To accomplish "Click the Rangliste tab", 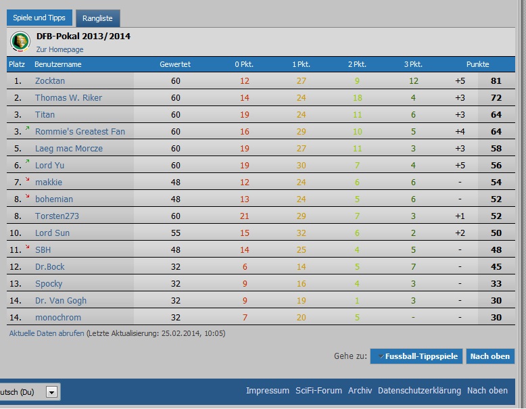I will (x=97, y=18).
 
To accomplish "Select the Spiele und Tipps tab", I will (x=39, y=18).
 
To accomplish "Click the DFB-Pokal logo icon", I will (x=20, y=42).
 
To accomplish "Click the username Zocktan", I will (x=50, y=81).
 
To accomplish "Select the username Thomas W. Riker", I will (x=68, y=98).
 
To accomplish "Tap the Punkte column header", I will (x=477, y=64).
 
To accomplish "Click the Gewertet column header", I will (x=175, y=64).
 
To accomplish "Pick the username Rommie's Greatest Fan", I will (x=80, y=132).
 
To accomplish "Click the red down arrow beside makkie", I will (x=28, y=179).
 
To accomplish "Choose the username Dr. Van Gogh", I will (x=61, y=301).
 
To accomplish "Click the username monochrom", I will (x=58, y=318).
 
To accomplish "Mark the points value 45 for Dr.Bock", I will (x=496, y=267).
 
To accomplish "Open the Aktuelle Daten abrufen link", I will (x=47, y=333).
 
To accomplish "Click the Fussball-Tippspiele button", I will (x=416, y=356).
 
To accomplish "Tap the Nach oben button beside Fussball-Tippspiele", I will (x=489, y=356).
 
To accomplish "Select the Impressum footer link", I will (x=268, y=391).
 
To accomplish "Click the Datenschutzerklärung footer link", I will (x=419, y=391).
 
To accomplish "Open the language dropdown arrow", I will (x=52, y=391).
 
